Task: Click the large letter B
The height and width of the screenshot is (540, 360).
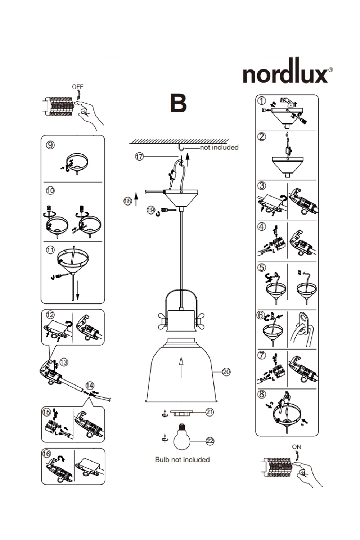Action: (x=178, y=103)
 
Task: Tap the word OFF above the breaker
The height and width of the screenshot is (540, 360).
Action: (x=77, y=87)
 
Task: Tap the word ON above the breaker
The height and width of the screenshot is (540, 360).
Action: (x=296, y=447)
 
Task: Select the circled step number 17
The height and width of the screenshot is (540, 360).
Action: (x=139, y=157)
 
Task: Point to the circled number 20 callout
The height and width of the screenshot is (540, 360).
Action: (x=226, y=372)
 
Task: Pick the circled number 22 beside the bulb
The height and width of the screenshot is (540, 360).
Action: (x=210, y=441)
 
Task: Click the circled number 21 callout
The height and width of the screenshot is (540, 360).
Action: (x=210, y=412)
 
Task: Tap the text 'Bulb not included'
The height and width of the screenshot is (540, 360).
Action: (x=182, y=460)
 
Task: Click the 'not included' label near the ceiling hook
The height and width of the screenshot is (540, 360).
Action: (x=219, y=147)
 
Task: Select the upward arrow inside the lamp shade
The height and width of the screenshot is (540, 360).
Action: (x=181, y=367)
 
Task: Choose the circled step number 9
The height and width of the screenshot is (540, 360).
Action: (x=51, y=145)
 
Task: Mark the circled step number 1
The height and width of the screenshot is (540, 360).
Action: (x=262, y=101)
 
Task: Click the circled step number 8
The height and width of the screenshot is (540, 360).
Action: (x=262, y=394)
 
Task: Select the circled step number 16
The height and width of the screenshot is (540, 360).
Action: (x=47, y=454)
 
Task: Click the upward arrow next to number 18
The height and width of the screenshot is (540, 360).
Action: (x=136, y=199)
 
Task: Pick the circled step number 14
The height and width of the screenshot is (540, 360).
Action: (x=90, y=386)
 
